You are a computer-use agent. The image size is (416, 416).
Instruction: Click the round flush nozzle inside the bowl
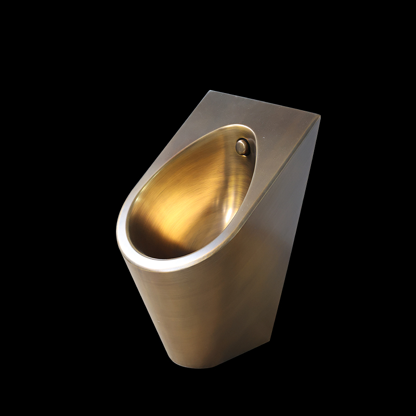coord(243,147)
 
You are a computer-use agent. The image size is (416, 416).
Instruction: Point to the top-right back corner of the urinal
coord(319,117)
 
